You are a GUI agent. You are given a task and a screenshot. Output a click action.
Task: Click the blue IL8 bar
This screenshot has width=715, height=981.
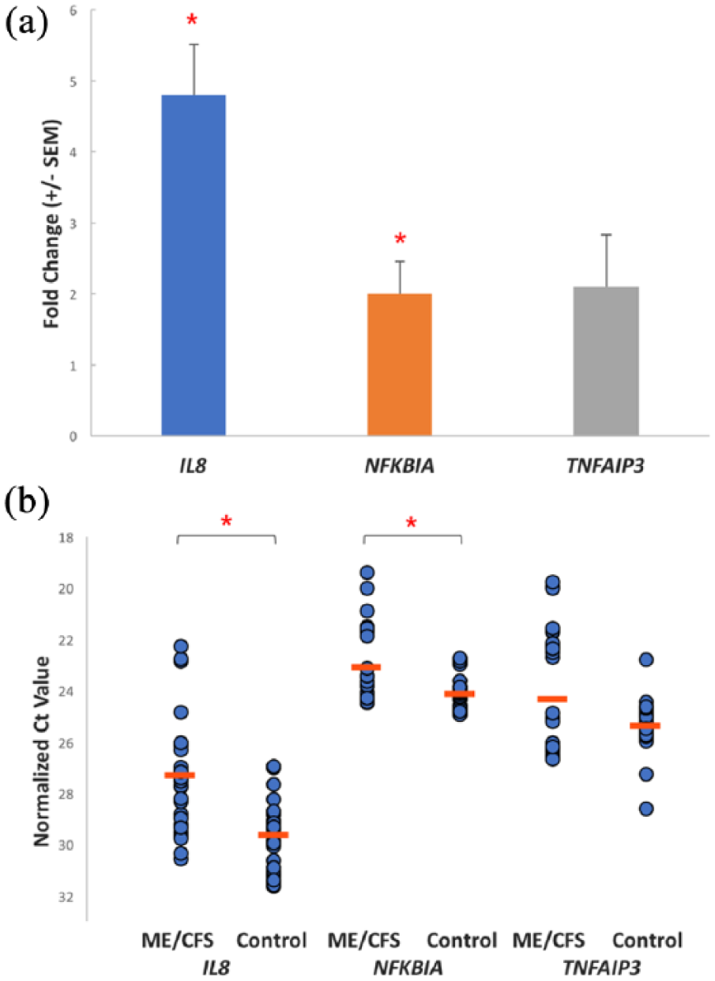coord(194,265)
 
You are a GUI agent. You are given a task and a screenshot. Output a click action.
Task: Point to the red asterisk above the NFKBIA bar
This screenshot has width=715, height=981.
coord(401,239)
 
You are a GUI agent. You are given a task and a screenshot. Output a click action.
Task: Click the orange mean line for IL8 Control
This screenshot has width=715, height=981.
coord(273,834)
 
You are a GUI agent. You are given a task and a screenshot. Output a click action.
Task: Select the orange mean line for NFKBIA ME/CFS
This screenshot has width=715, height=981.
coord(367,667)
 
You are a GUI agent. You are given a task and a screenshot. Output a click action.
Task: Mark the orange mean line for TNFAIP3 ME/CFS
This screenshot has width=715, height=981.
coord(552,698)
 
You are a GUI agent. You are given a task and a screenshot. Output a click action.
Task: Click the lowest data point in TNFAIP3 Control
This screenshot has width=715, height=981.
coord(646,809)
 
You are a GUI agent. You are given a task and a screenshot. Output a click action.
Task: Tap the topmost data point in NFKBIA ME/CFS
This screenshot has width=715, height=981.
coord(367,572)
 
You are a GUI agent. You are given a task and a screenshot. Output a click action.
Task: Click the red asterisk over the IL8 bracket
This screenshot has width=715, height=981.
coord(226,521)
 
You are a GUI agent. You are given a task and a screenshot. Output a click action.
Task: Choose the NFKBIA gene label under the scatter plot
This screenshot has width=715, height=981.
coord(413,964)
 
